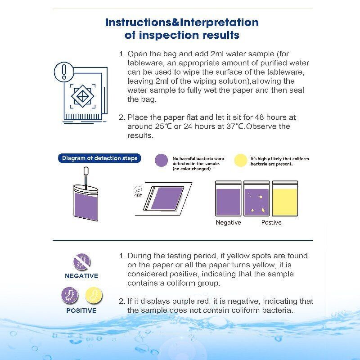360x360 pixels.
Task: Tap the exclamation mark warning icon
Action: tap(64, 71)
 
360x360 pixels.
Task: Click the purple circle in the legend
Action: tap(161, 161)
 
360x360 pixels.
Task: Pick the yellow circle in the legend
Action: tap(241, 161)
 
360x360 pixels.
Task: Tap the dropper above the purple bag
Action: tap(85, 175)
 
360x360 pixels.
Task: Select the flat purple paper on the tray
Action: tap(166, 198)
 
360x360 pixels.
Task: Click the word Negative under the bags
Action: tap(228, 223)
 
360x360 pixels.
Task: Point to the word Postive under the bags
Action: tap(271, 223)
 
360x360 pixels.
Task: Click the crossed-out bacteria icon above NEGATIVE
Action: tap(81, 262)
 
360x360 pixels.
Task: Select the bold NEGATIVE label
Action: tap(81, 276)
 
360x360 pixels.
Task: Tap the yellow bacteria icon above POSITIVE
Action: tap(94, 296)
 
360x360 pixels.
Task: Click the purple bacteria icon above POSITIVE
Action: tap(70, 296)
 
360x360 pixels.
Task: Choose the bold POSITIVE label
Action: tap(81, 310)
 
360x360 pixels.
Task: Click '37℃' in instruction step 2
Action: tap(235, 126)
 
